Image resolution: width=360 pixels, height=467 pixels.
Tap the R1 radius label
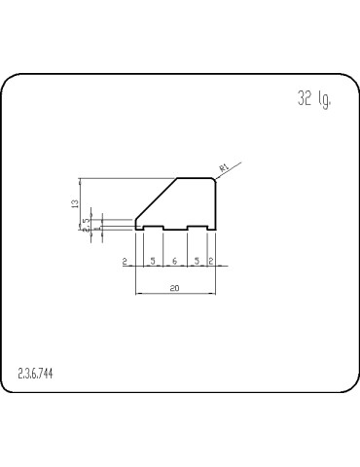[224, 168]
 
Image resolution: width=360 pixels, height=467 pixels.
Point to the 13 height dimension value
[75, 204]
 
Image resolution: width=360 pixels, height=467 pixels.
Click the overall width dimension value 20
[174, 288]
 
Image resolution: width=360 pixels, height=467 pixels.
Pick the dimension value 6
[174, 262]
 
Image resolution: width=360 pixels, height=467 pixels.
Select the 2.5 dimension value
[87, 222]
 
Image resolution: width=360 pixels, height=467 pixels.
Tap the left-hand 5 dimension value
[153, 262]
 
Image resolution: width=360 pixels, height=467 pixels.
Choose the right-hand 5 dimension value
[197, 262]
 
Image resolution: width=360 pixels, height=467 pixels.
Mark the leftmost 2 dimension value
[126, 262]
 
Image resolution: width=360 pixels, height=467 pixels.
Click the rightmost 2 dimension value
[211, 262]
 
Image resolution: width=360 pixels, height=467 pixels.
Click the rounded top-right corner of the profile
[213, 180]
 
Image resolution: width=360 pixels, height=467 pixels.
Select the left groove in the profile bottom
[153, 228]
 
